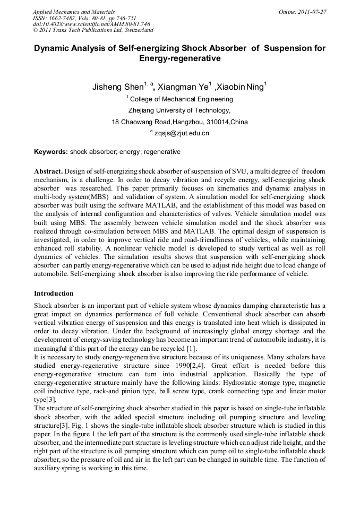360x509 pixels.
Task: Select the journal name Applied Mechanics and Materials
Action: click(x=74, y=12)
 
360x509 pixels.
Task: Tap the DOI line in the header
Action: click(x=91, y=24)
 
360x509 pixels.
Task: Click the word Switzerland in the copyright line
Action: click(x=136, y=30)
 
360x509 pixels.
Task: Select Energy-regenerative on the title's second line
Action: click(x=179, y=58)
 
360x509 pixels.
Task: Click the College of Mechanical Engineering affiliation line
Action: click(x=181, y=99)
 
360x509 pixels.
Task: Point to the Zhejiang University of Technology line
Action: click(x=179, y=110)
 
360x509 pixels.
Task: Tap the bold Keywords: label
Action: click(x=51, y=152)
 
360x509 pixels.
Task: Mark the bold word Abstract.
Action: click(x=48, y=172)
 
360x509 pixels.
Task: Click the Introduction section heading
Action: click(x=54, y=293)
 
